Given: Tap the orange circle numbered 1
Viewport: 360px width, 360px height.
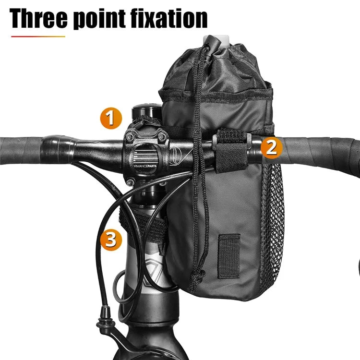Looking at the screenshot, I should (x=111, y=118).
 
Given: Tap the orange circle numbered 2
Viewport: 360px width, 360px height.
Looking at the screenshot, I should (x=271, y=147).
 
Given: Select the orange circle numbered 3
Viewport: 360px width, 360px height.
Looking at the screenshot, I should (x=111, y=240).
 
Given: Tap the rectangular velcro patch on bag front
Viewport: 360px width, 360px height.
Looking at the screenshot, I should (x=229, y=256).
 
